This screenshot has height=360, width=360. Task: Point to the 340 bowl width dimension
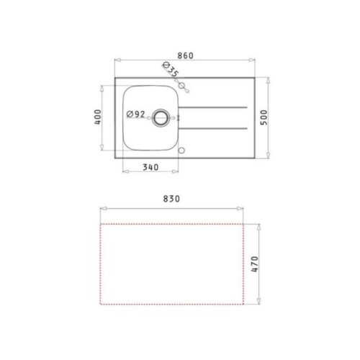[150, 168]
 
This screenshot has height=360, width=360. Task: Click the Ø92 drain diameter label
[136, 114]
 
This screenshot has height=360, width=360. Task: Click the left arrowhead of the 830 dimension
[100, 207]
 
